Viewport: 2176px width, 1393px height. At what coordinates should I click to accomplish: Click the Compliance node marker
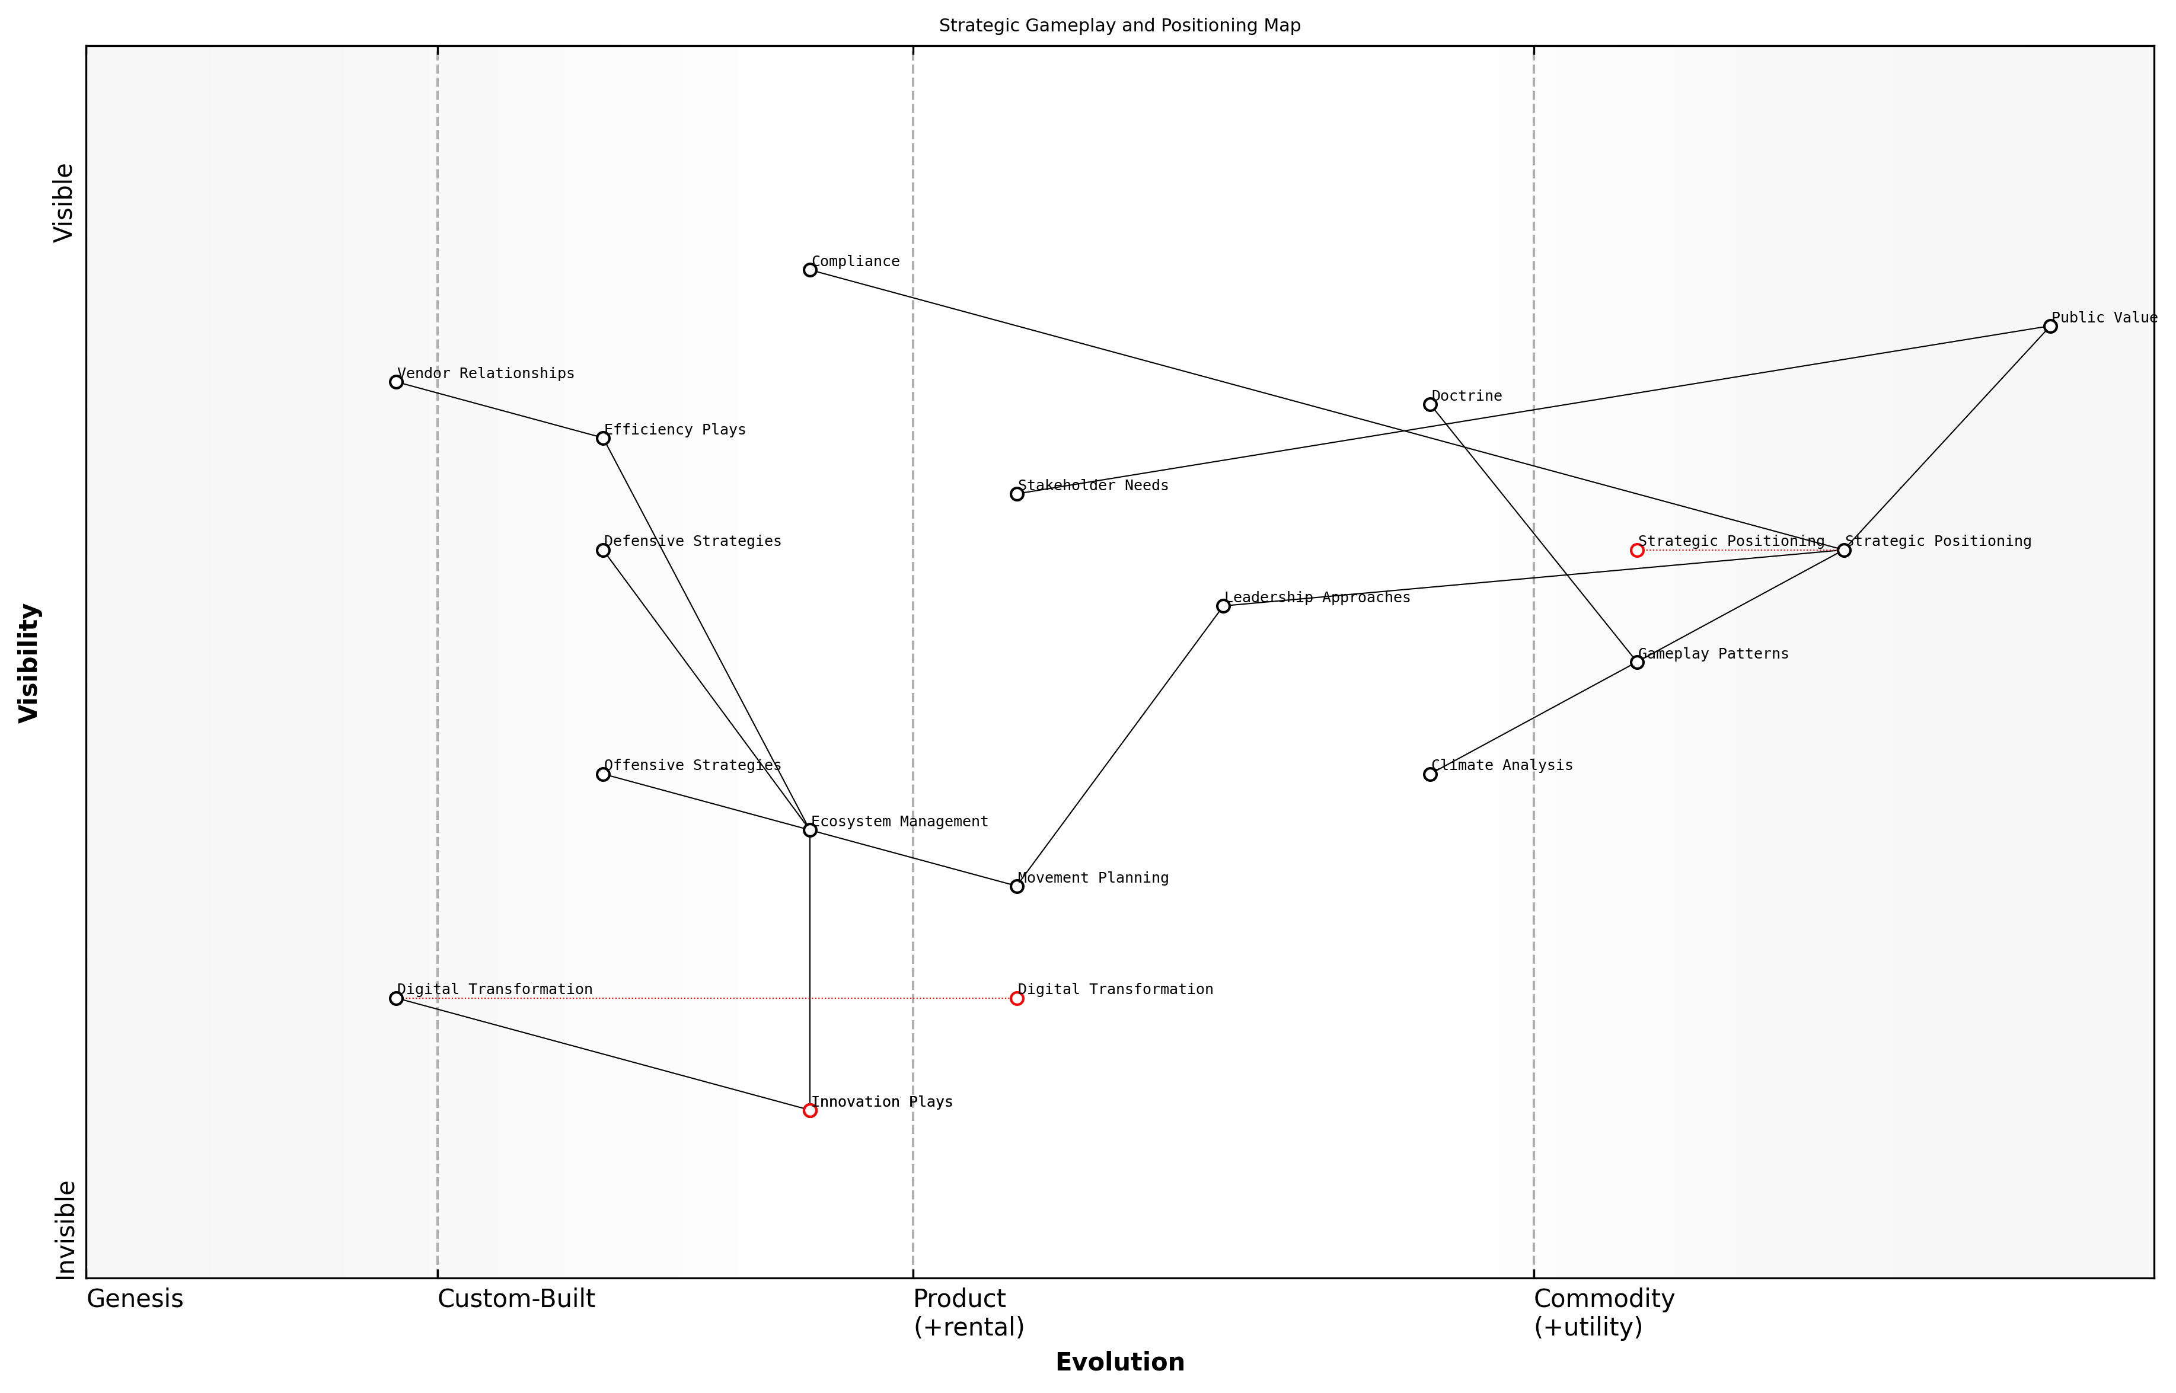[x=810, y=270]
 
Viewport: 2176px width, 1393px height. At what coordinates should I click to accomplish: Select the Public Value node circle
[x=2050, y=327]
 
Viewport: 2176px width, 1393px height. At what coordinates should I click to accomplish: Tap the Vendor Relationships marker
[x=396, y=382]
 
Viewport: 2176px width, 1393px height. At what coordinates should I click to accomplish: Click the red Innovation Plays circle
[x=810, y=1111]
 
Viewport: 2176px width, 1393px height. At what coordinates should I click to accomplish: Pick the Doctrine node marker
[x=1431, y=404]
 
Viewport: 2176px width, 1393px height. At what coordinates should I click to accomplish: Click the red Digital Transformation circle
[x=1017, y=999]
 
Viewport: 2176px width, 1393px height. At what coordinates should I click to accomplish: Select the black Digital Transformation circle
[x=396, y=999]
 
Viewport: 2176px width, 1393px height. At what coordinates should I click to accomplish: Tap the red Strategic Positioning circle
[x=1637, y=550]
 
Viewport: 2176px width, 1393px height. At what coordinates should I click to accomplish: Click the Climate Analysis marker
[x=1431, y=774]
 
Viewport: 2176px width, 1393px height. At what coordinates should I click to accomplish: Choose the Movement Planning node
[x=1017, y=886]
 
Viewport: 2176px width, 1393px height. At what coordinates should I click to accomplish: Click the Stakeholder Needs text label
[x=1093, y=485]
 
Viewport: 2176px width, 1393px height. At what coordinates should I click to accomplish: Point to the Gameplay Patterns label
[x=1713, y=654]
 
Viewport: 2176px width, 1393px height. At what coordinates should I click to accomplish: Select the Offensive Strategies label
[x=692, y=765]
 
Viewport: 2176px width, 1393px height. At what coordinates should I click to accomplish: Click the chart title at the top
[x=1119, y=25]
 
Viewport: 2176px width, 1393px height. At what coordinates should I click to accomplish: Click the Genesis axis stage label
[x=135, y=1299]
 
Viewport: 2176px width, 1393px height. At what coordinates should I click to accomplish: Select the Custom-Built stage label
[x=516, y=1299]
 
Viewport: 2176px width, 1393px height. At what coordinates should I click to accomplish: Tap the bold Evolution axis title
[x=1119, y=1362]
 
